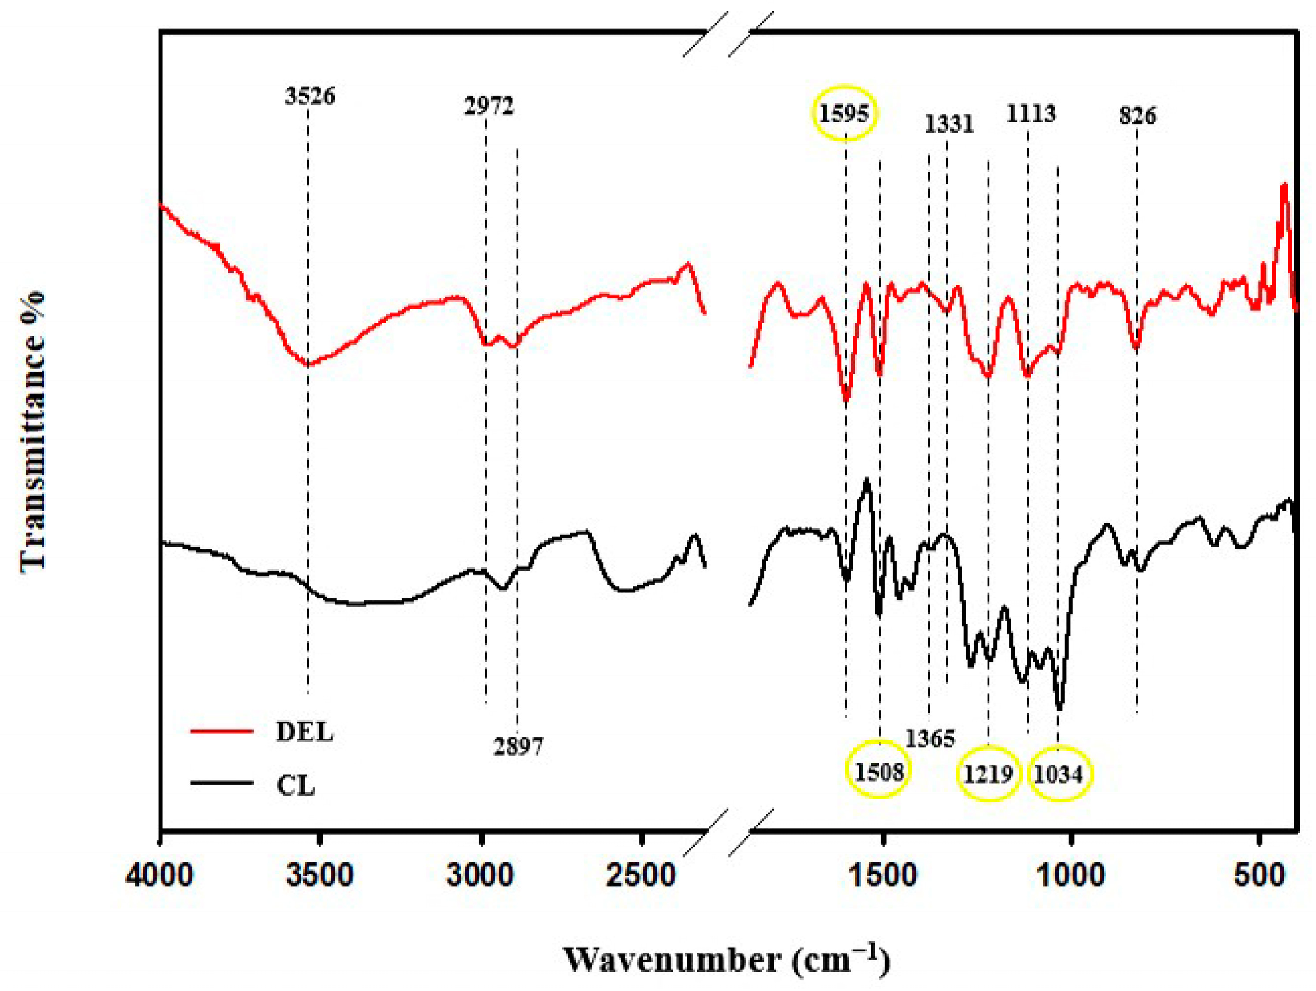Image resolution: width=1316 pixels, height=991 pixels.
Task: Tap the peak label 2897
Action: point(518,746)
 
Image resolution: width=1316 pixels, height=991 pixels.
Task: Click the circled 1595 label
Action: point(844,114)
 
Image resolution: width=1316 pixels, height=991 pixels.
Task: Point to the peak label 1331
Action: point(949,124)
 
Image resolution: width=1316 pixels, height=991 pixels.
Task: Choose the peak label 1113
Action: point(1031,113)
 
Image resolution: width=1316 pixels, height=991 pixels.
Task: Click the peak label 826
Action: point(1137,115)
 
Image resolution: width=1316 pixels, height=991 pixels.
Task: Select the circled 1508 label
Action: point(879,772)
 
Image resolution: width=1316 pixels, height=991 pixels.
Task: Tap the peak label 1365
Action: point(930,739)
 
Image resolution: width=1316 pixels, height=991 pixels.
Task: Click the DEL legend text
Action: point(305,732)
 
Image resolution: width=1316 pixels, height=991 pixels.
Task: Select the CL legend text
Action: point(296,787)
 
